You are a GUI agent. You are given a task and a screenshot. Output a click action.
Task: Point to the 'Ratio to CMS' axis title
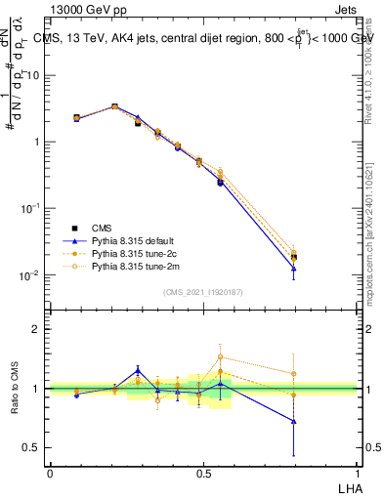(x=16, y=389)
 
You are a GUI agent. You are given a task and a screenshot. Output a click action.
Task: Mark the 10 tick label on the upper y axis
(x=34, y=75)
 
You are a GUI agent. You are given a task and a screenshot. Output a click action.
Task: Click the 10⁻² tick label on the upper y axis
(x=32, y=275)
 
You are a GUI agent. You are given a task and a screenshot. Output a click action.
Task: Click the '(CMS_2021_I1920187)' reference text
(x=202, y=291)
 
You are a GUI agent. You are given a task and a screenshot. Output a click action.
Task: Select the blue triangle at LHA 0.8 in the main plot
(x=293, y=269)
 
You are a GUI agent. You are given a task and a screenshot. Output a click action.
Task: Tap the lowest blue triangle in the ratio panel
(x=293, y=422)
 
